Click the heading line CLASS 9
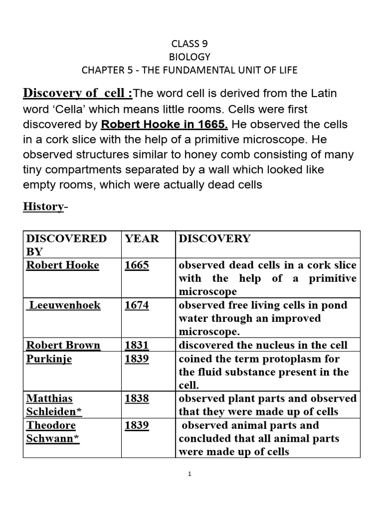pyautogui.click(x=190, y=44)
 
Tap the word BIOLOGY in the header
pyautogui.click(x=190, y=57)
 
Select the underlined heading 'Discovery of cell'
pyautogui.click(x=76, y=93)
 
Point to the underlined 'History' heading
pyautogui.click(x=44, y=206)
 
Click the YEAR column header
pyautogui.click(x=142, y=239)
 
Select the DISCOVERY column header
pyautogui.click(x=214, y=239)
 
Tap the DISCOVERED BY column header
pyautogui.click(x=66, y=245)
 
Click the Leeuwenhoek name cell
pyautogui.click(x=65, y=305)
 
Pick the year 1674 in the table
pyautogui.click(x=137, y=305)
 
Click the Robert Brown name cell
pyautogui.click(x=63, y=345)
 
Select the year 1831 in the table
pyautogui.click(x=137, y=345)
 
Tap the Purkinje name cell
pyautogui.click(x=48, y=358)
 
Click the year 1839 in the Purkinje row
pyautogui.click(x=137, y=358)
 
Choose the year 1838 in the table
pyautogui.click(x=137, y=399)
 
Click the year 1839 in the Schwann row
pyautogui.click(x=137, y=425)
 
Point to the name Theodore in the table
pyautogui.click(x=51, y=425)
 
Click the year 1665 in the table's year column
pyautogui.click(x=137, y=265)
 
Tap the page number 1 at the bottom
pyautogui.click(x=190, y=474)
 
